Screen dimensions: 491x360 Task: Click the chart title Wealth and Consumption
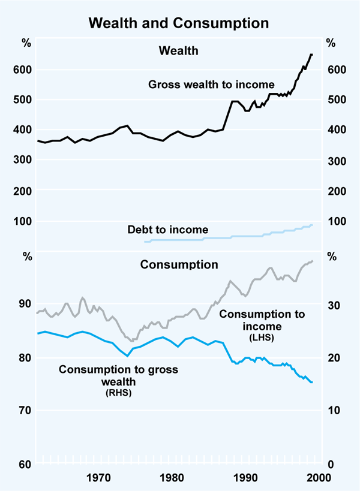click(x=179, y=23)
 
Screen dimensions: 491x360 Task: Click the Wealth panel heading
click(x=178, y=51)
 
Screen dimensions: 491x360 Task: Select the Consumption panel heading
click(x=179, y=264)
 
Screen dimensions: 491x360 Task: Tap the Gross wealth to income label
click(x=211, y=85)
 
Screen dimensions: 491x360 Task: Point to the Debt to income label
click(x=167, y=230)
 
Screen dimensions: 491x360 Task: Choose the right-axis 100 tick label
click(x=335, y=221)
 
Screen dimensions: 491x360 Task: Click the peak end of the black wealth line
click(x=311, y=55)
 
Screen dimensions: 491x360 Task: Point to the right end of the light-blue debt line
click(x=312, y=225)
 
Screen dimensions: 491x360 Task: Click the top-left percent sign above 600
click(x=26, y=43)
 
